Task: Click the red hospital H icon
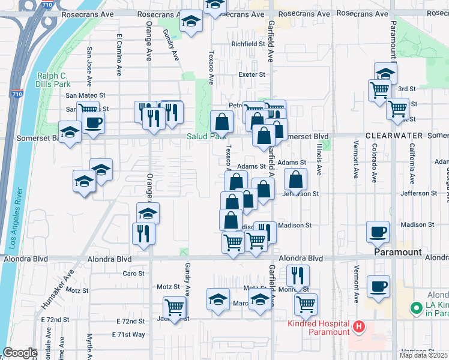[359, 327]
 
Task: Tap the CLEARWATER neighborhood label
[392, 136]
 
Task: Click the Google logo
[20, 353]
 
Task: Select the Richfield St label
[249, 44]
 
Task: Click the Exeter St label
[252, 74]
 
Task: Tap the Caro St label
[134, 273]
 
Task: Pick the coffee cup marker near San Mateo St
[93, 124]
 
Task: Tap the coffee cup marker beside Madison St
[378, 232]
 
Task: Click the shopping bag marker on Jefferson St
[296, 179]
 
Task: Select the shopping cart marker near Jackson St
[174, 307]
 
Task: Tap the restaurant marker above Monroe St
[298, 275]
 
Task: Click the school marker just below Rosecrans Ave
[191, 22]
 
